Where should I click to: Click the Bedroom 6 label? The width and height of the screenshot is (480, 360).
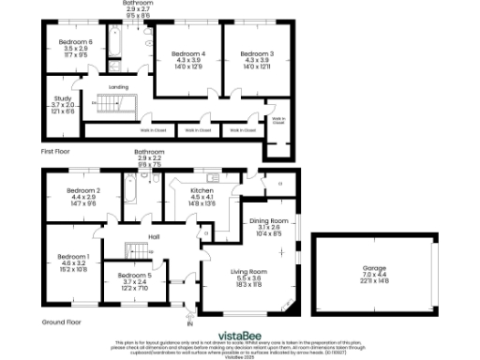[x=76, y=42]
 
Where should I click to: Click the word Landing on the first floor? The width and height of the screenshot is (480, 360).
[x=118, y=87]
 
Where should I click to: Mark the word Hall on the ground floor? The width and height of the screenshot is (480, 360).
[x=154, y=237]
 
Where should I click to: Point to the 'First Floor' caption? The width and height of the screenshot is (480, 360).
[x=58, y=150]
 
